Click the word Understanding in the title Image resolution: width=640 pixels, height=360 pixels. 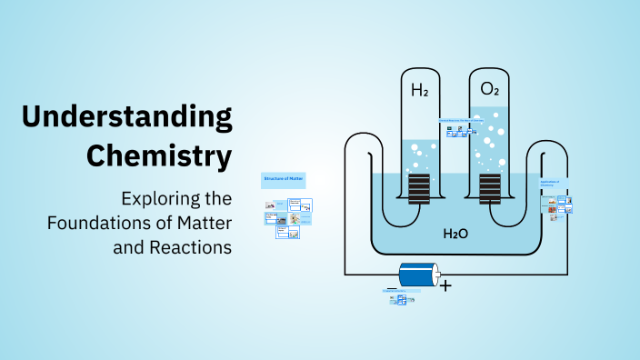point(126,117)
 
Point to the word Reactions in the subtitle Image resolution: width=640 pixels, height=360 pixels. point(193,246)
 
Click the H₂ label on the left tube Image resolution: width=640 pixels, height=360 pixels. point(420,90)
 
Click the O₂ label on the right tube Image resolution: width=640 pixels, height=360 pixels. point(489,90)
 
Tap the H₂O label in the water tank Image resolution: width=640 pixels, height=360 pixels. point(455,234)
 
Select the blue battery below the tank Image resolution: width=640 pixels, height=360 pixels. point(416,274)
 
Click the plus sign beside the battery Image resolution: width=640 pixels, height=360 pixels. point(445,285)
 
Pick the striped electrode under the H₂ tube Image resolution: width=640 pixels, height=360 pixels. point(419,190)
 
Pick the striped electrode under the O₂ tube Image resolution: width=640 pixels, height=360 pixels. point(490,190)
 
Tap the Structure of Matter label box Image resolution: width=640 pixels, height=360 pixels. point(283,179)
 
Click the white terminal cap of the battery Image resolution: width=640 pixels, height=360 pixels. point(437,274)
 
